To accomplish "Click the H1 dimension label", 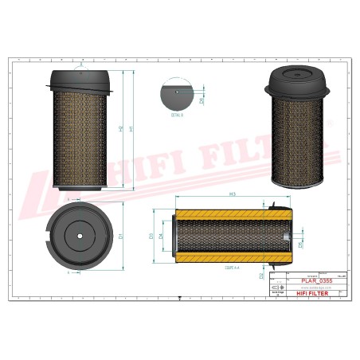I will coord(132,130).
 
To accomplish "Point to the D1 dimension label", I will coord(120,237).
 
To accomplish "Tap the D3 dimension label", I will coord(151,236).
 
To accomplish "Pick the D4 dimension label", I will coord(162,236).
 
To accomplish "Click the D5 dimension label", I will coord(301,245).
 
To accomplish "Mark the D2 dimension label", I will coord(261,276).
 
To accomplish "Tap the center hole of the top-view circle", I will coord(79,236).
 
